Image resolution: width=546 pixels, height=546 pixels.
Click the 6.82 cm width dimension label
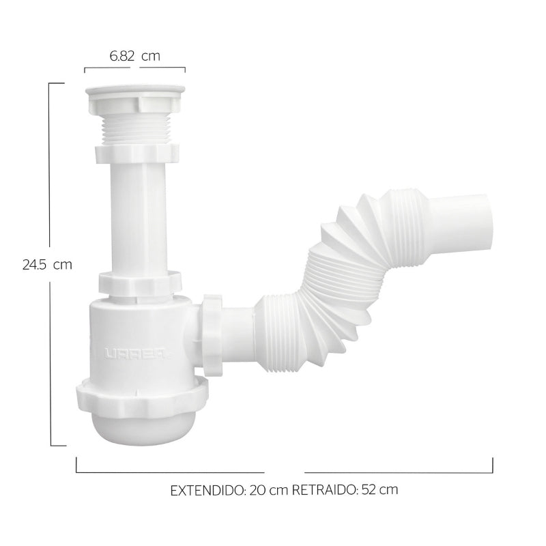coord(134,56)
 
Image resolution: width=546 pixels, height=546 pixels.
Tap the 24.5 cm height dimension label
coord(47,265)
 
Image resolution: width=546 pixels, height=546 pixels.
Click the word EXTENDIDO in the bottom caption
coord(204,490)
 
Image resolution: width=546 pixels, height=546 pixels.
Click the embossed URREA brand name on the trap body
coord(130,354)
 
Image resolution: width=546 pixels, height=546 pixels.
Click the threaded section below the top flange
coord(134,128)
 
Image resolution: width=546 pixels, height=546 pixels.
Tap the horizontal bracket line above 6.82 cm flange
coord(134,69)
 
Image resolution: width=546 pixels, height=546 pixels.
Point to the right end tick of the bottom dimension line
coord(492,465)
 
